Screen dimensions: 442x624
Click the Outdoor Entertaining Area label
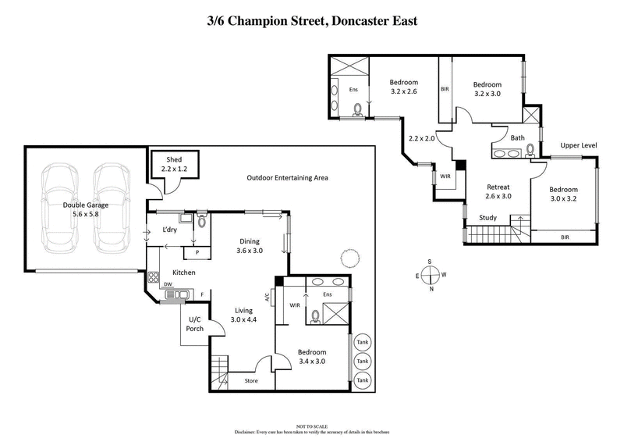[287, 177]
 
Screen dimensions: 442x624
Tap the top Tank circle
[361, 342]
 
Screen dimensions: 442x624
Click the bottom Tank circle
[361, 380]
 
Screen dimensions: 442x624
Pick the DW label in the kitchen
[168, 284]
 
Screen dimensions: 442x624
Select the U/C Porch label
[196, 323]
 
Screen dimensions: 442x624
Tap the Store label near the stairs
[251, 381]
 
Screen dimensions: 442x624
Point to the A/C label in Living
[267, 297]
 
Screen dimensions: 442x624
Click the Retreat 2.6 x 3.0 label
[498, 191]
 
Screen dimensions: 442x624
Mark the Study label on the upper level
[488, 218]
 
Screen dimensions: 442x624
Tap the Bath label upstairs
[517, 137]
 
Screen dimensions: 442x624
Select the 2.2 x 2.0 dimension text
[422, 138]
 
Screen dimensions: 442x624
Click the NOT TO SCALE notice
[312, 426]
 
